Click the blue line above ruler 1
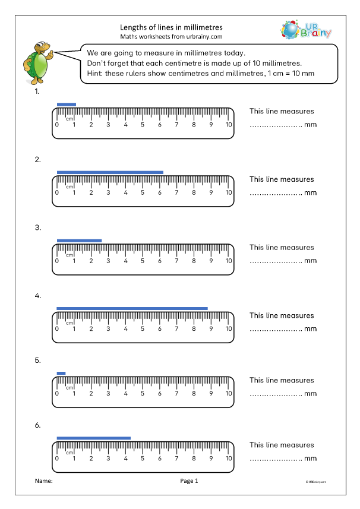tap(67, 105)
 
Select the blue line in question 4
tap(132, 308)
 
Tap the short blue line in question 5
tap(61, 373)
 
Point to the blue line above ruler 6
tap(93, 438)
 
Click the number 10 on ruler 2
tap(229, 192)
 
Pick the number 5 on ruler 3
tap(143, 261)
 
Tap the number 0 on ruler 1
tap(56, 125)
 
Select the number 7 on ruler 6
tap(177, 458)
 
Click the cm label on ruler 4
tap(70, 323)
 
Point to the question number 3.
tap(37, 227)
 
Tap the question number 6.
tap(37, 425)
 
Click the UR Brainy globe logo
tap(291, 30)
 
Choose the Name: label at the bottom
tap(44, 481)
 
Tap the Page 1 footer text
tap(188, 481)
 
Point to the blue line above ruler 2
tap(110, 172)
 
